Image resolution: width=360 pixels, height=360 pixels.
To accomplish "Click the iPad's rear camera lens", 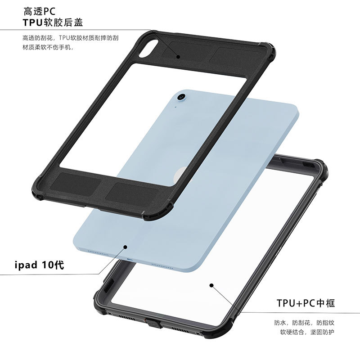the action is [x=182, y=96].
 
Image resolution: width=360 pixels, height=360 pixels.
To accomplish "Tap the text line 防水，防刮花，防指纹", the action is [x=304, y=323].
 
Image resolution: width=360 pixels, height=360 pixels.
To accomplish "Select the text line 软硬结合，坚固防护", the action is [x=308, y=333].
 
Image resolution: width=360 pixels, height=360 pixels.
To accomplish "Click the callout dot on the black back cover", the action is [x=178, y=57].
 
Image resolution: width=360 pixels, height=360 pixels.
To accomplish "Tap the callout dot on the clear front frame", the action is [x=211, y=284].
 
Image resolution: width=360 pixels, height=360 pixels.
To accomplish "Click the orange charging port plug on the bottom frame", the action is [x=147, y=320].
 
